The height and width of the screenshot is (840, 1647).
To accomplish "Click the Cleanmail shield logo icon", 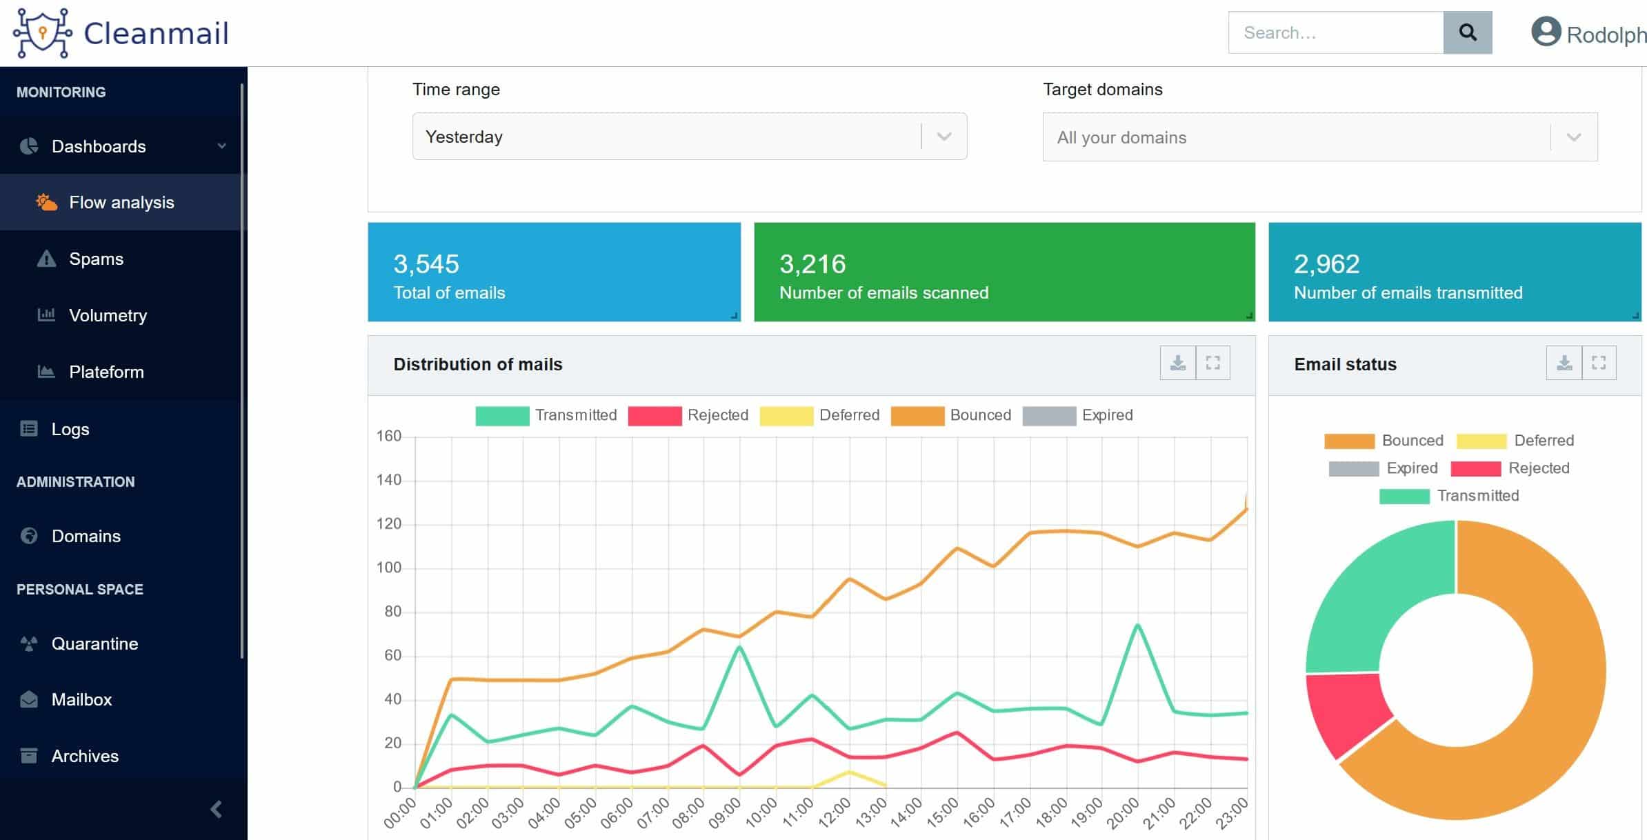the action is point(43,32).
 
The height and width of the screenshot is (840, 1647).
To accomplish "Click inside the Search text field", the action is point(1336,32).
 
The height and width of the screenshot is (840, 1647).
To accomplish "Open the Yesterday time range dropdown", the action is point(690,137).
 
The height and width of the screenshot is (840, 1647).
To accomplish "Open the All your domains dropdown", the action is point(1320,137).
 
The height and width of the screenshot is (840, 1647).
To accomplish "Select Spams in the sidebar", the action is point(96,259).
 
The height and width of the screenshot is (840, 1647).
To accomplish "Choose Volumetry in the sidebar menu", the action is point(108,315).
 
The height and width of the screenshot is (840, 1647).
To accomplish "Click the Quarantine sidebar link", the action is point(94,643).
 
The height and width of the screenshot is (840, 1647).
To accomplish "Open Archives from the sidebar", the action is point(85,756).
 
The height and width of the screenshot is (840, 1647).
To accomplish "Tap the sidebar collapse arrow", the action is point(217,809).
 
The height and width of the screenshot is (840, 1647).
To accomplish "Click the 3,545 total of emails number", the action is point(426,263).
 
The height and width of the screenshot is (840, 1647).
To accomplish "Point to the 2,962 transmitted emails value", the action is point(1326,263).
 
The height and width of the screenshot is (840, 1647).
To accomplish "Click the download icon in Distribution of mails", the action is point(1178,363).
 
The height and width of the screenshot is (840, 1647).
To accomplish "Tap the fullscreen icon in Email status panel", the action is point(1599,363).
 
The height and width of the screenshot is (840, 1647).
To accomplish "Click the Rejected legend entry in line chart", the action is point(688,415).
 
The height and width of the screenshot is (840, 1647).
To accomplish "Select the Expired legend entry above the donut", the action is point(1383,468).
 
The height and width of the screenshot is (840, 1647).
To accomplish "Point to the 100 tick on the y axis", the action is point(388,568).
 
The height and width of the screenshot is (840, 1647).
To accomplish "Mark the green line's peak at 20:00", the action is point(1137,625).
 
